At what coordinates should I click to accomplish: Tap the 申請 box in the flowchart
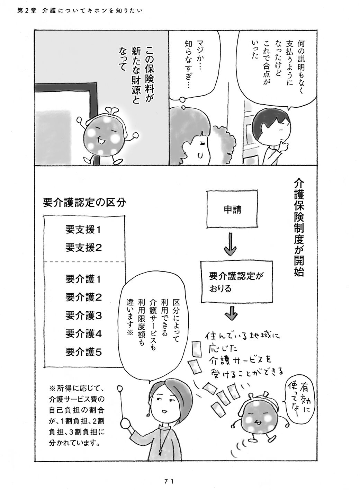pyautogui.click(x=232, y=210)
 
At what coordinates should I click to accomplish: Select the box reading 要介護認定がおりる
pyautogui.click(x=237, y=282)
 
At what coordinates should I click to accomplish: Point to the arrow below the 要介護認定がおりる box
pyautogui.click(x=232, y=313)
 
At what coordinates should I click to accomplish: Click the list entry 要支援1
pyautogui.click(x=83, y=230)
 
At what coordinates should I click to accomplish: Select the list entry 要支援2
pyautogui.click(x=83, y=248)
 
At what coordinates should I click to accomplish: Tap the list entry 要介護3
pyautogui.click(x=83, y=316)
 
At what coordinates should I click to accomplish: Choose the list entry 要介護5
pyautogui.click(x=83, y=352)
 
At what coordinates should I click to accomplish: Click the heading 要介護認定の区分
pyautogui.click(x=84, y=203)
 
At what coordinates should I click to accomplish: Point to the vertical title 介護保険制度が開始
pyautogui.click(x=299, y=228)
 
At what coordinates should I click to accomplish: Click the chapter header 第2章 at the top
pyautogui.click(x=27, y=11)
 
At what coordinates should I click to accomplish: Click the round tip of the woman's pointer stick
pyautogui.click(x=120, y=389)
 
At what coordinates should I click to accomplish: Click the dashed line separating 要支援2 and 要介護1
pyautogui.click(x=84, y=262)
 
